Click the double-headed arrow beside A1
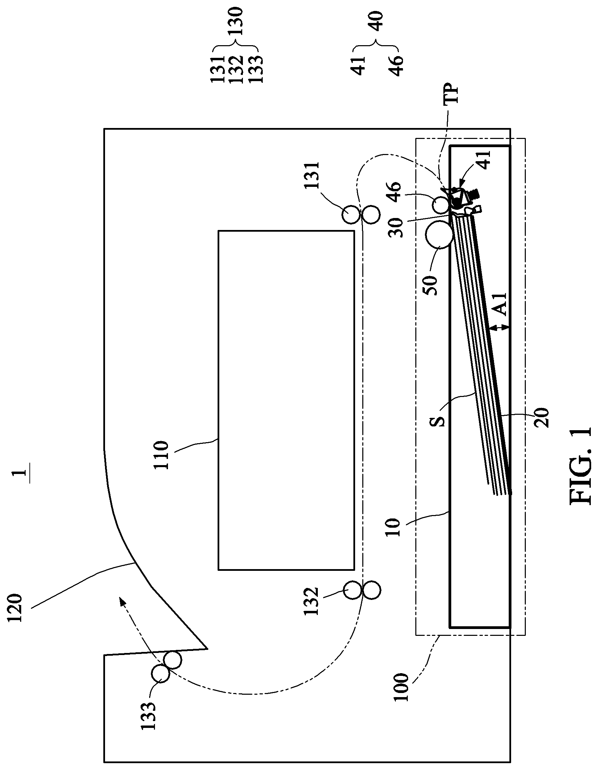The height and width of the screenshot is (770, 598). coord(500,328)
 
